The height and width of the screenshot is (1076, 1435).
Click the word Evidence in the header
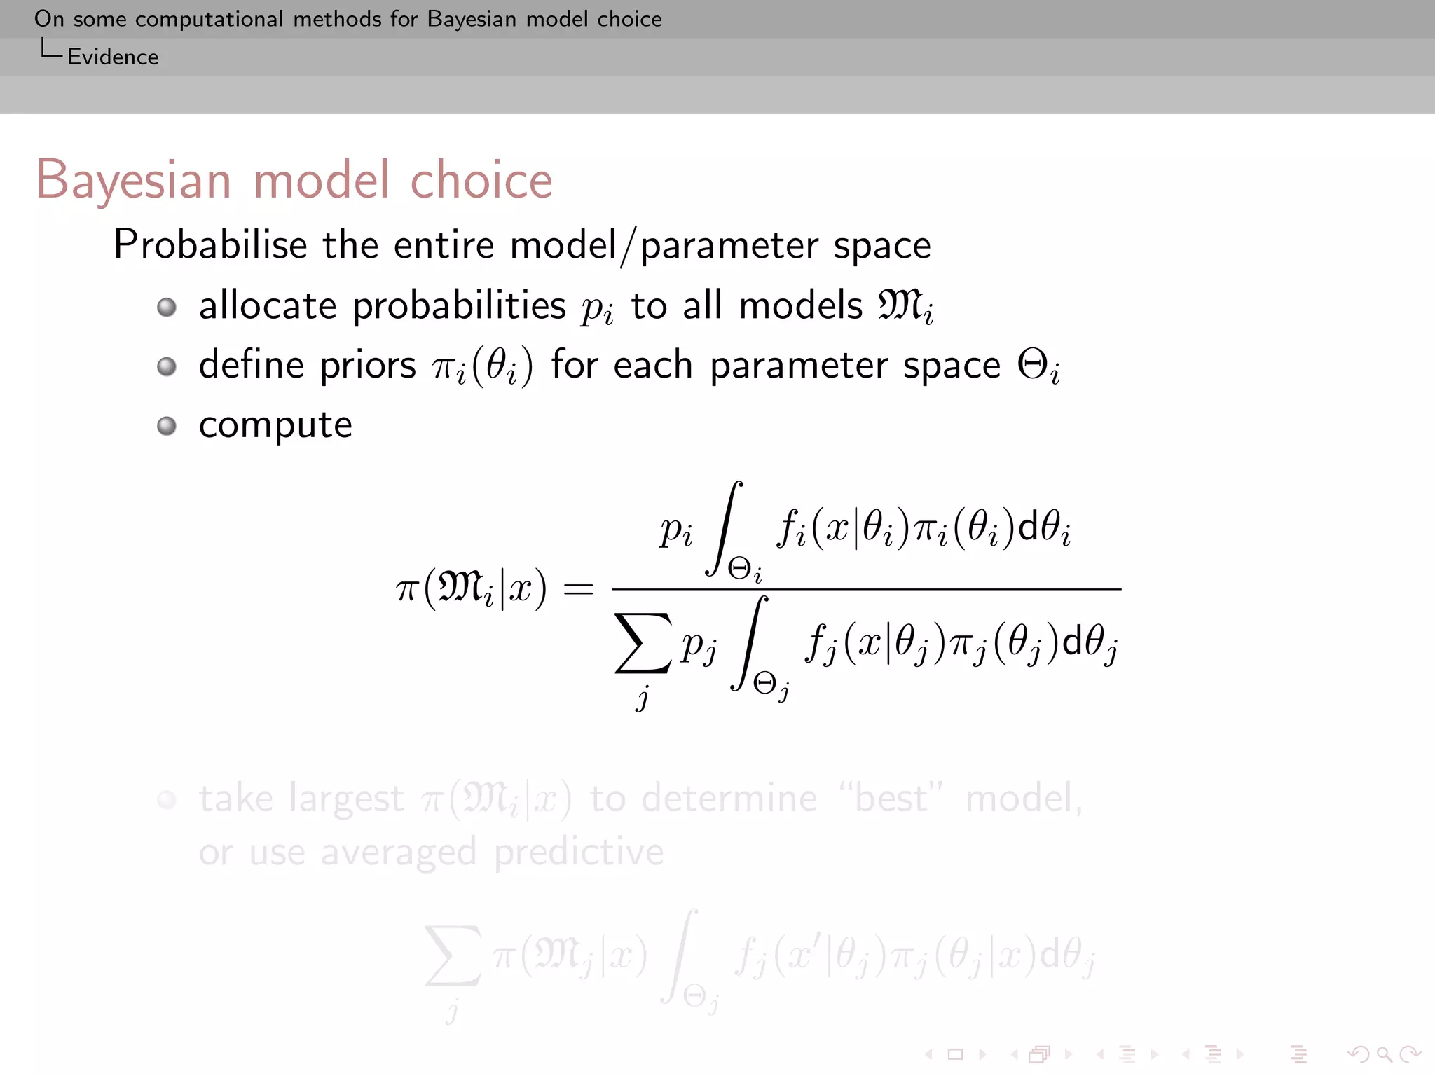pos(113,57)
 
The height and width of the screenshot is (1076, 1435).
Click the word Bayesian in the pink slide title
pos(133,180)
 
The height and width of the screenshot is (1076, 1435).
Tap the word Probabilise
pos(210,245)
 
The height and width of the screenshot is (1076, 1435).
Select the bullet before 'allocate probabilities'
pos(167,307)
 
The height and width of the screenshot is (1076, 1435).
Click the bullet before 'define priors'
pos(167,366)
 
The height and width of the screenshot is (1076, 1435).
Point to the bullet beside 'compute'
pos(167,426)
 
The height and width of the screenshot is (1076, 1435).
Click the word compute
pos(275,426)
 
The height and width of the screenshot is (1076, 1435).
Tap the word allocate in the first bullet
pos(268,306)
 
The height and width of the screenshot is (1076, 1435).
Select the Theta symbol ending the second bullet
pos(1033,365)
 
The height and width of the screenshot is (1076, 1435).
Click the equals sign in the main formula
pos(578,589)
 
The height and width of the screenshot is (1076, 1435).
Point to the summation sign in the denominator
pos(643,643)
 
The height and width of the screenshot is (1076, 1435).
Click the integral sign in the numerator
pos(725,527)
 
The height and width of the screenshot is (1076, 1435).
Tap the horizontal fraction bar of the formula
pos(866,589)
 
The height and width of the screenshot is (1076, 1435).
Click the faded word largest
pos(346,799)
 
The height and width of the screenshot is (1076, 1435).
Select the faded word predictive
pos(579,853)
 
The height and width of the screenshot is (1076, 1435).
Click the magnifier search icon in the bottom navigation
pos(1384,1054)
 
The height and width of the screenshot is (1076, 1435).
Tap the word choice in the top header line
pos(629,19)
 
